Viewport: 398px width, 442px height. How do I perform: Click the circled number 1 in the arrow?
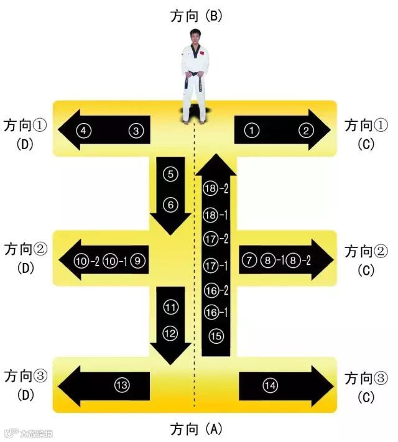(251, 130)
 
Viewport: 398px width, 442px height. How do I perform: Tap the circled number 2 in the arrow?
(305, 130)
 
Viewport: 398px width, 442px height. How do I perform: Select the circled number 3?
(136, 131)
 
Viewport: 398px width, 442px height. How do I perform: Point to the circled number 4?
(84, 131)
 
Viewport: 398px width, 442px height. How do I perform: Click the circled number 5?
(170, 175)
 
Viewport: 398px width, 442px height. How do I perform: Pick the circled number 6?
(170, 204)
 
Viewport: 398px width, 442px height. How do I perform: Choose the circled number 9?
(137, 260)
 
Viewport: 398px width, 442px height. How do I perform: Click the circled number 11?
(170, 306)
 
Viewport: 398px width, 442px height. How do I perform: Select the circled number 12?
(170, 333)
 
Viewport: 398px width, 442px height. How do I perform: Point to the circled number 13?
(122, 385)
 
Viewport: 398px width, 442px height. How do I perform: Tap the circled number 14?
(270, 386)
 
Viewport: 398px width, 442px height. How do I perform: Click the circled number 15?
(216, 336)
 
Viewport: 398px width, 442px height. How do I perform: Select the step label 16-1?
(216, 312)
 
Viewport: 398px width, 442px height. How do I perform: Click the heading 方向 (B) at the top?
(197, 16)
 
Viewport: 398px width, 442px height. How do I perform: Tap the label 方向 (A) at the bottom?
(197, 429)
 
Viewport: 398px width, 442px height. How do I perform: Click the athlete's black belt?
(195, 76)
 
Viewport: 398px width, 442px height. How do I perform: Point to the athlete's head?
(196, 35)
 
